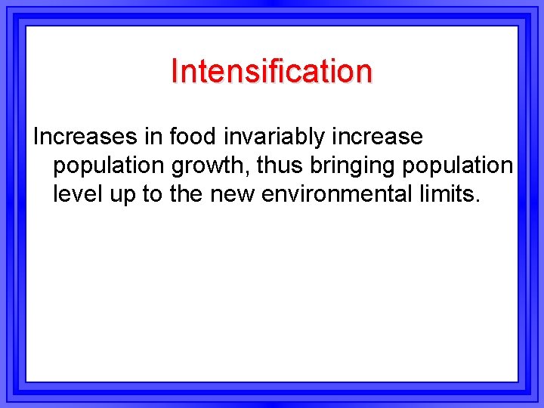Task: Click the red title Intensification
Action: point(271,71)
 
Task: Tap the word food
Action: point(192,137)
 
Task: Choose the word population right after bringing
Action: point(458,166)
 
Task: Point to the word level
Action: point(75,194)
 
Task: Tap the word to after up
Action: point(152,194)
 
